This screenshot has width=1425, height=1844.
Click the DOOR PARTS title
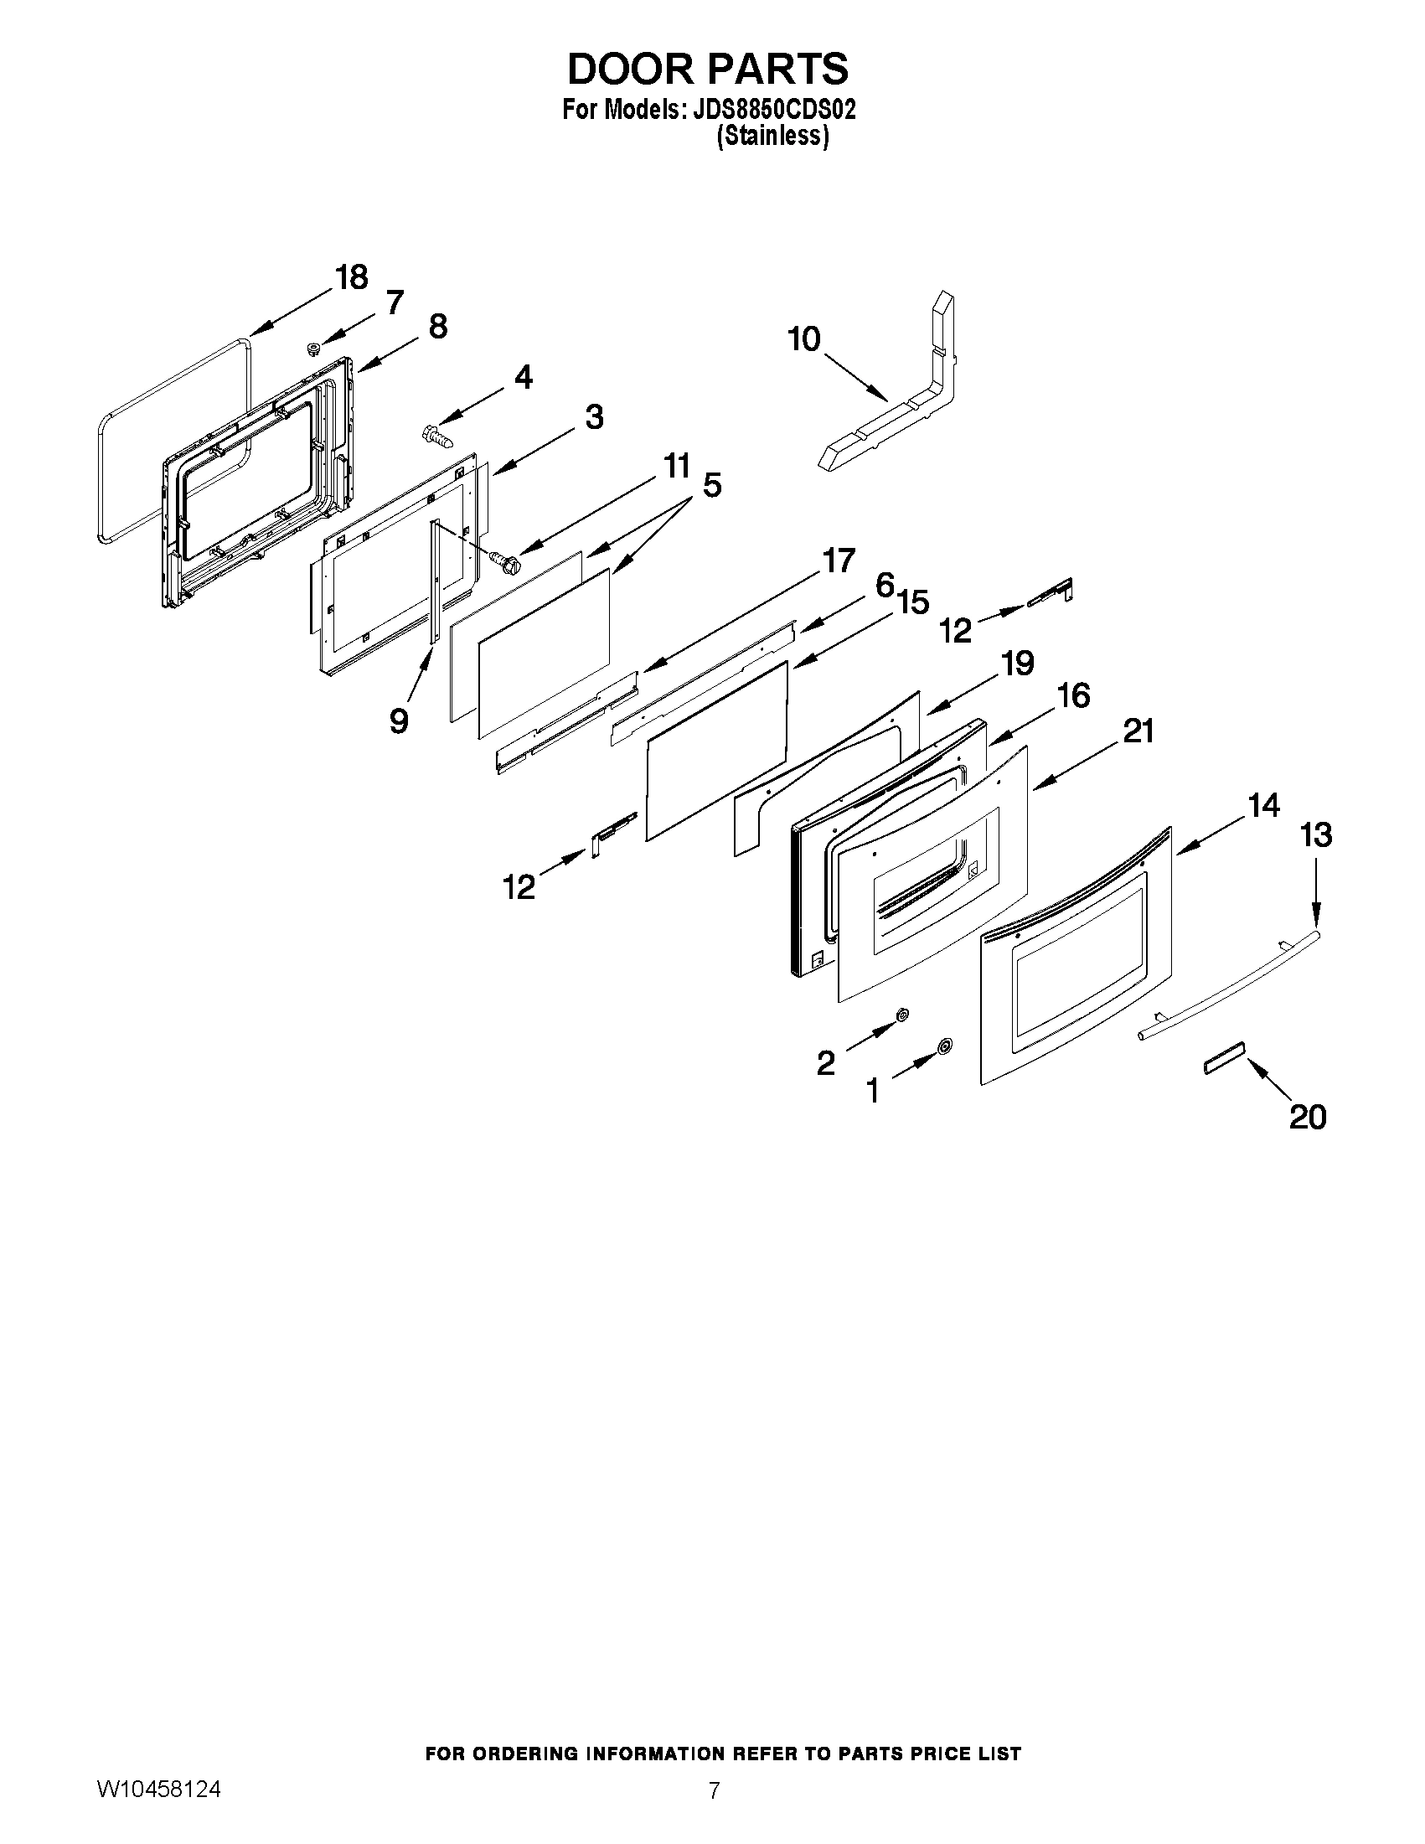pyautogui.click(x=707, y=70)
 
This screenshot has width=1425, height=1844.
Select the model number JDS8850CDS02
pyautogui.click(x=774, y=111)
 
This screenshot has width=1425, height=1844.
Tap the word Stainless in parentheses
pyautogui.click(x=772, y=136)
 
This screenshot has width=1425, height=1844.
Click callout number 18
pyautogui.click(x=351, y=277)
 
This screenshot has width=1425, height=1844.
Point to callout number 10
pyautogui.click(x=803, y=339)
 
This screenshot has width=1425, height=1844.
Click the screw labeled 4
pyautogui.click(x=435, y=436)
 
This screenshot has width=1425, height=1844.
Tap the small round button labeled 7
pyautogui.click(x=313, y=348)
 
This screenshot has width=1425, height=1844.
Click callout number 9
pyautogui.click(x=399, y=721)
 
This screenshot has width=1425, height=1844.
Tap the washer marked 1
pyautogui.click(x=944, y=1047)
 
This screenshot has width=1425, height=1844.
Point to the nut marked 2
pyautogui.click(x=901, y=1014)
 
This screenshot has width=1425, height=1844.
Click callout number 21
pyautogui.click(x=1137, y=731)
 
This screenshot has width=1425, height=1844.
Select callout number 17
pyautogui.click(x=839, y=560)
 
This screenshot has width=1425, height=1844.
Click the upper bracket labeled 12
pyautogui.click(x=1051, y=592)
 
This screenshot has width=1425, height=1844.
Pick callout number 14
pyautogui.click(x=1263, y=805)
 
